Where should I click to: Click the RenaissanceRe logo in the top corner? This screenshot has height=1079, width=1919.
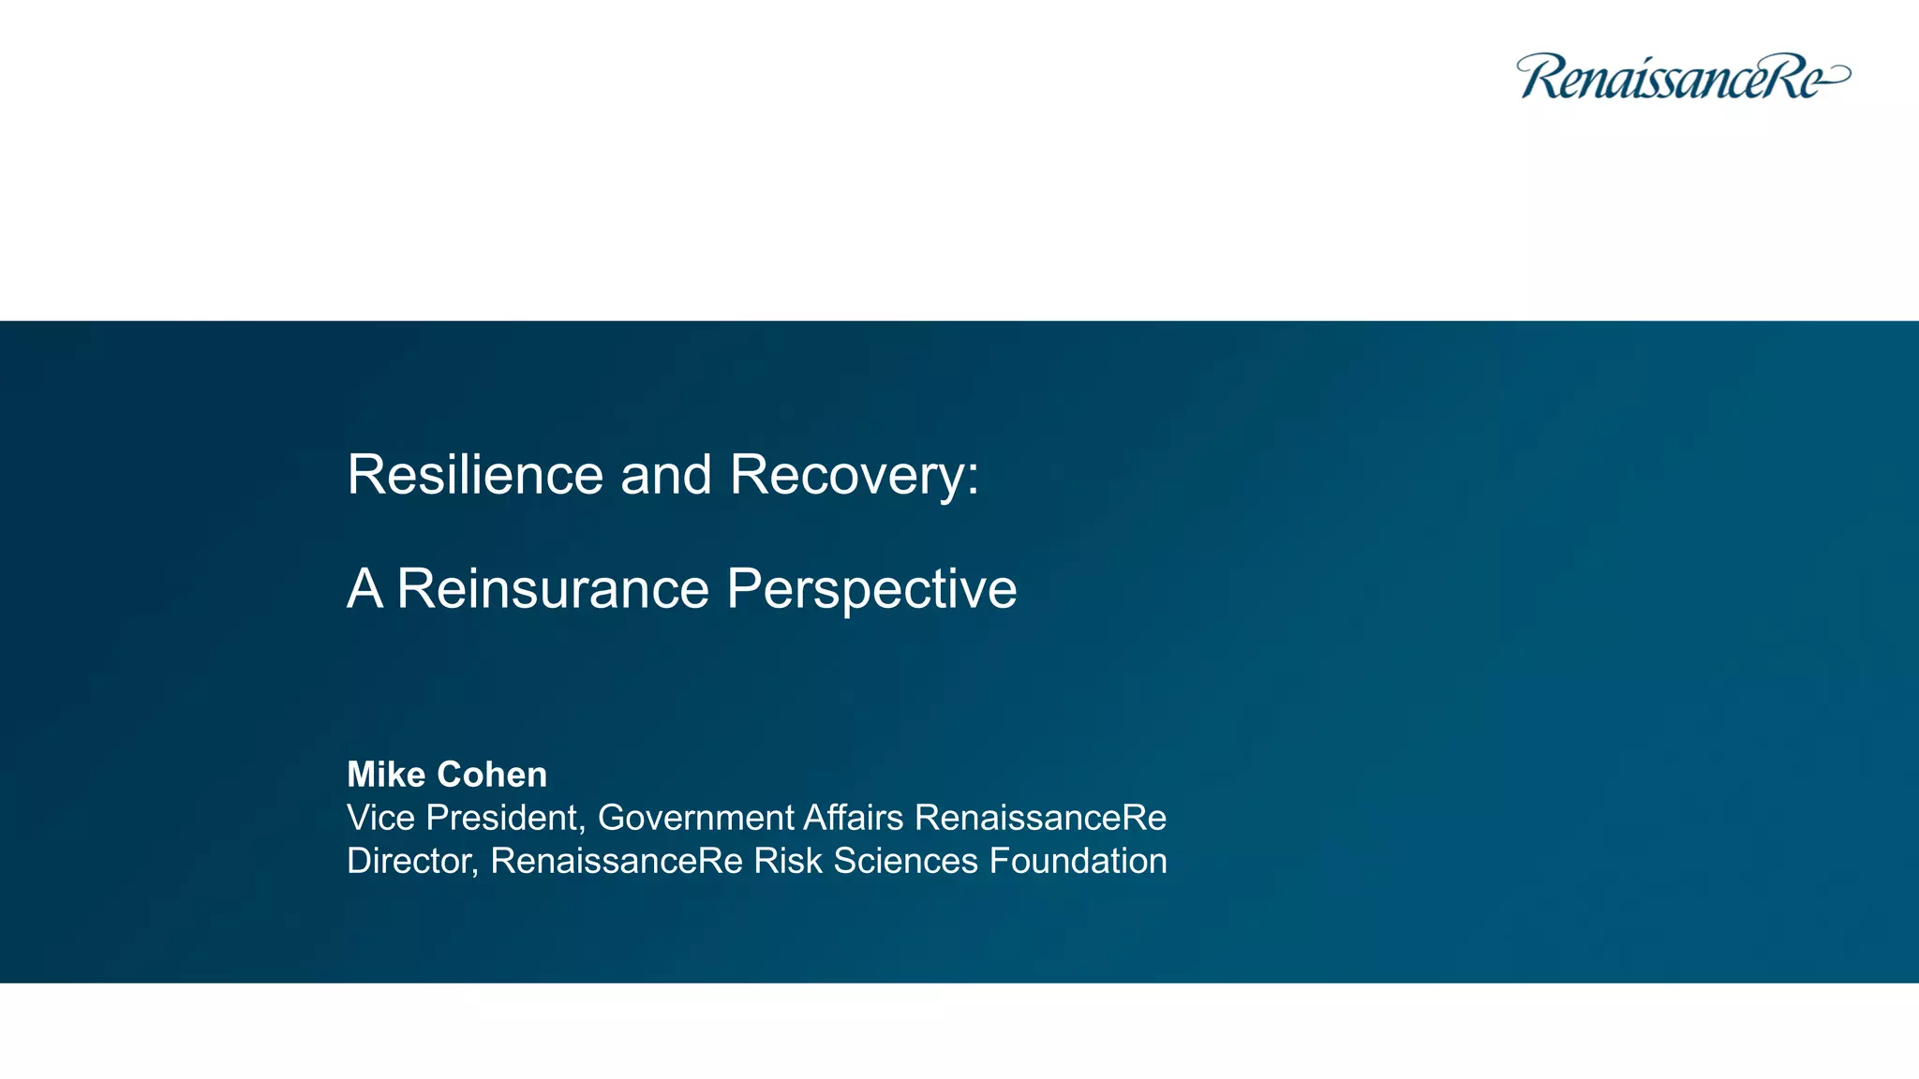pyautogui.click(x=1682, y=77)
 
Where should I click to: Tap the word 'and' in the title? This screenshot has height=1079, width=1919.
pyautogui.click(x=666, y=475)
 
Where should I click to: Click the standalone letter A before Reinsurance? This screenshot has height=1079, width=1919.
pyautogui.click(x=364, y=589)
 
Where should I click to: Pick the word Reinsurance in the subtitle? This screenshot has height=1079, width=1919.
pyautogui.click(x=553, y=589)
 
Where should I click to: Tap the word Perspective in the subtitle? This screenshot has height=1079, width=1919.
pyautogui.click(x=871, y=589)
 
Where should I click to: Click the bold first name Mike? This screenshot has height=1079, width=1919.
pyautogui.click(x=386, y=775)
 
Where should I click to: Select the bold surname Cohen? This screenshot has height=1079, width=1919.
pyautogui.click(x=492, y=775)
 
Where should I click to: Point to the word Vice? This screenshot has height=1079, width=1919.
pyautogui.click(x=380, y=818)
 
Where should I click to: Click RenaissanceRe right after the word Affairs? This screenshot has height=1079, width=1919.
pyautogui.click(x=1040, y=818)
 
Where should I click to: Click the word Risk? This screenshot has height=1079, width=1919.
pyautogui.click(x=788, y=861)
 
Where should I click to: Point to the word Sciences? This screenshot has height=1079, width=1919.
pyautogui.click(x=905, y=861)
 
